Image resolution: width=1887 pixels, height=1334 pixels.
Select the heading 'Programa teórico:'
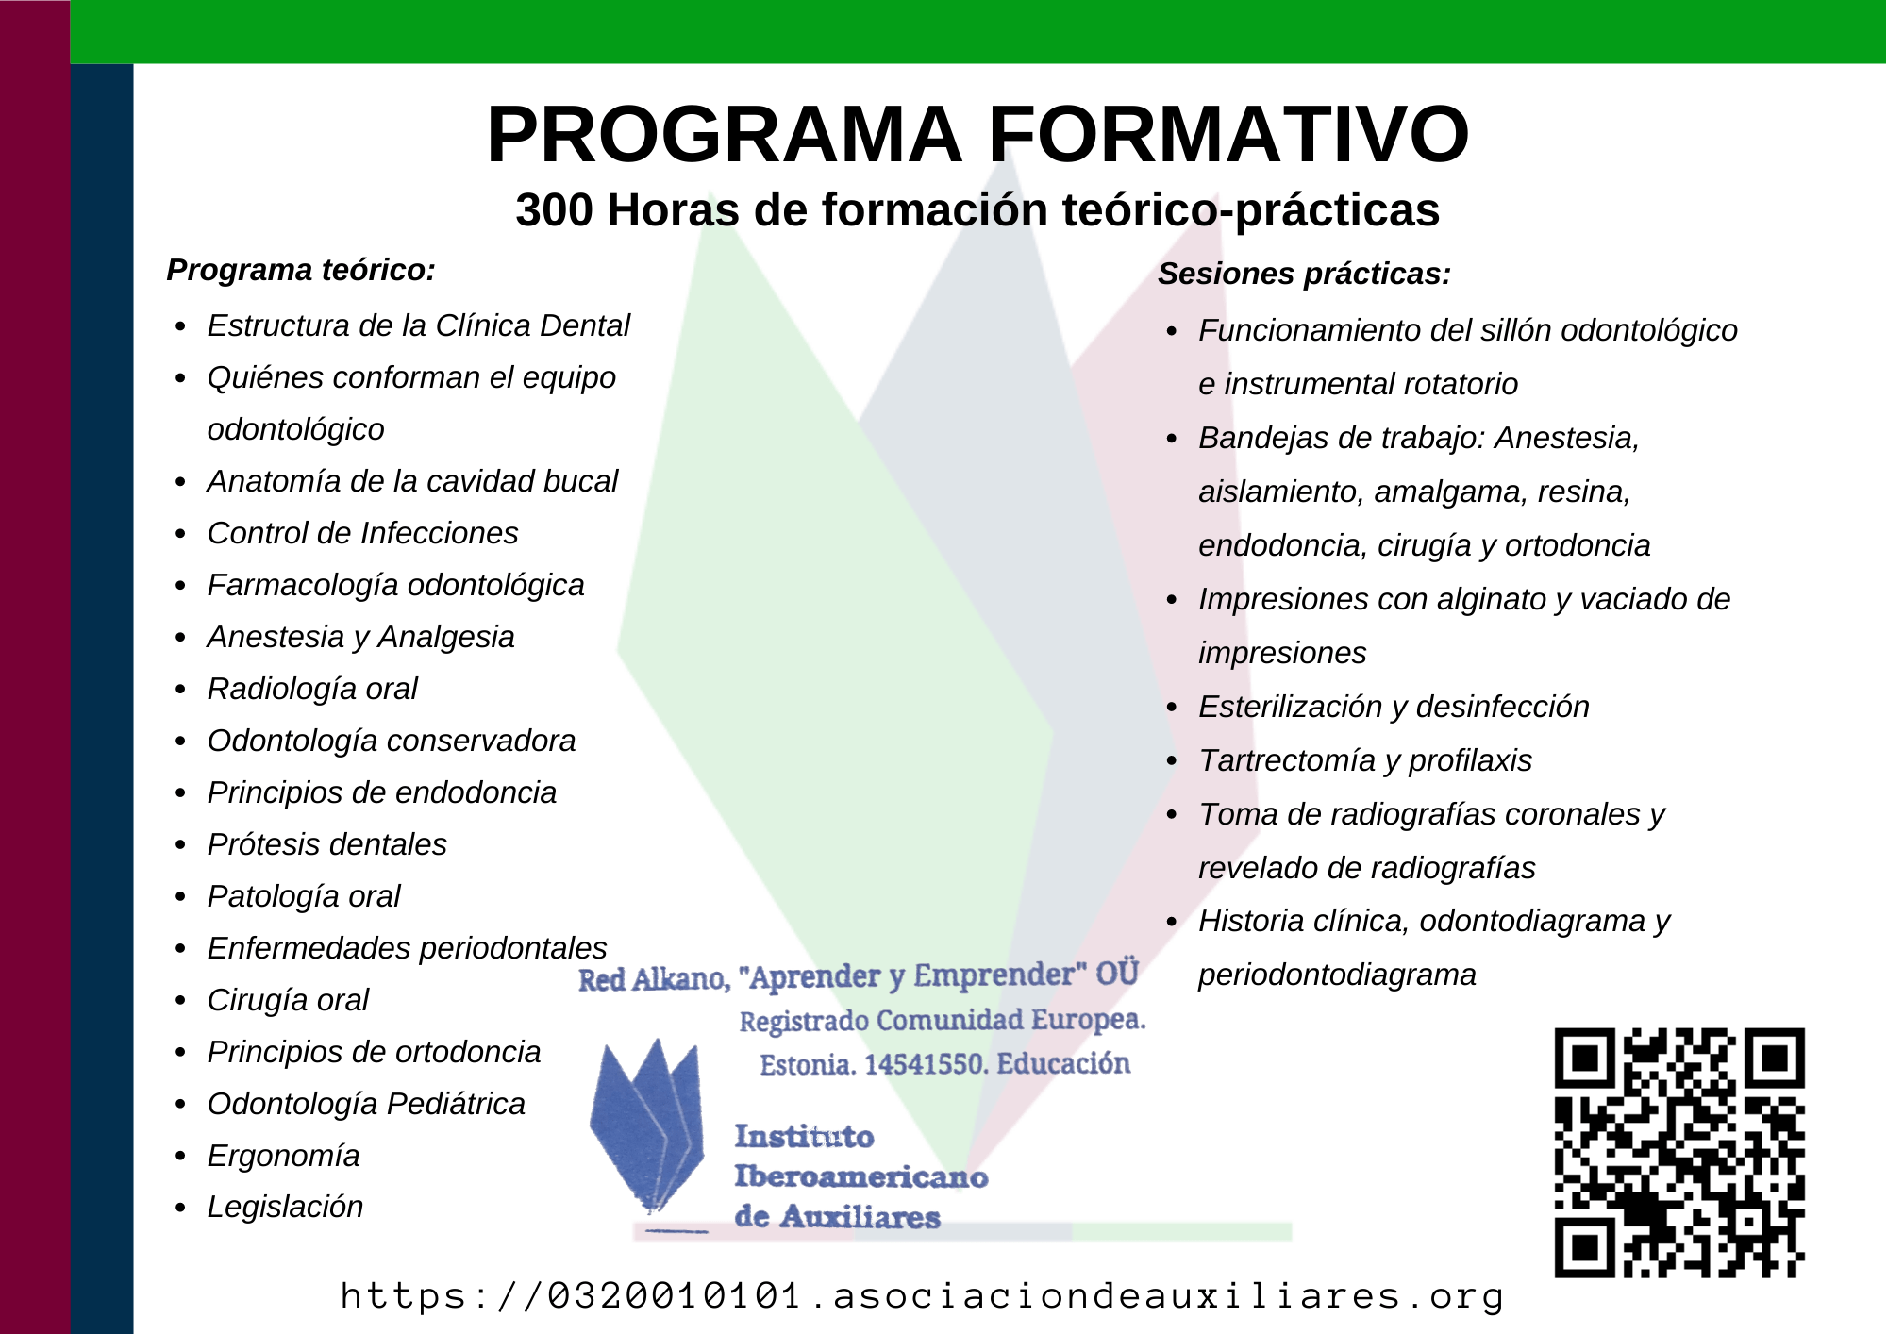(301, 270)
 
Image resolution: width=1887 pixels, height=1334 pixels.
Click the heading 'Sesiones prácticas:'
(1304, 274)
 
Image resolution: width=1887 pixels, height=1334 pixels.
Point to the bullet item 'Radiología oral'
(312, 689)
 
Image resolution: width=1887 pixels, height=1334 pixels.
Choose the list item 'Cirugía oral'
(288, 1000)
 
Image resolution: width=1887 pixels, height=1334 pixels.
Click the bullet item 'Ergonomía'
(283, 1156)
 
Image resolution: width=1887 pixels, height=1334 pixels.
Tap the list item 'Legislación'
(285, 1207)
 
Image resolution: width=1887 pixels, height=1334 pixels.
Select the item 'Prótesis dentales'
(326, 844)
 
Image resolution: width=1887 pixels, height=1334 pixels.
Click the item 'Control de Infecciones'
(362, 533)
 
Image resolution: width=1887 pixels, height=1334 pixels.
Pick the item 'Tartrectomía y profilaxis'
(1365, 760)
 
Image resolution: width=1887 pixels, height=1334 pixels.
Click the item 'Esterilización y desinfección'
(1394, 707)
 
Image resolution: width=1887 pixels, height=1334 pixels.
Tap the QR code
(1679, 1153)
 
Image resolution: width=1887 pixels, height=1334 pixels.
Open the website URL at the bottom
(922, 1295)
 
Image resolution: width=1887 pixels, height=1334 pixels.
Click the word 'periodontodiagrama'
(1337, 975)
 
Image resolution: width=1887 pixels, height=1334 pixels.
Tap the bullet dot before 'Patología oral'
(180, 897)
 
